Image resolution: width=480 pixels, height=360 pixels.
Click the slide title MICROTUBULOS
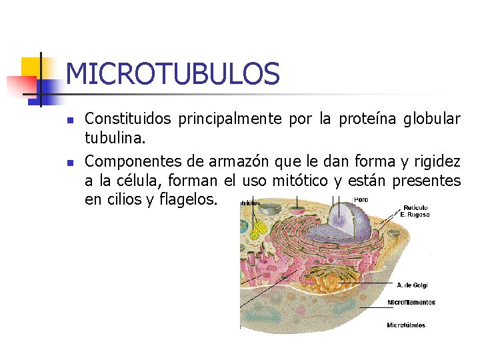(x=173, y=74)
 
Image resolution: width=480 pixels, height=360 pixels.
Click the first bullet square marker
(x=69, y=121)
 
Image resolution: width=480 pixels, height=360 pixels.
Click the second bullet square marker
(x=69, y=163)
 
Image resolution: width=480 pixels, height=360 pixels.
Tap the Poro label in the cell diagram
(x=361, y=199)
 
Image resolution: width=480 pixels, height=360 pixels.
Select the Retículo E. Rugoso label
(x=415, y=211)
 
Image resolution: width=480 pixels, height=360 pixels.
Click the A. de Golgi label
(x=412, y=285)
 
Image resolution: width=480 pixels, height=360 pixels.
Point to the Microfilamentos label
(x=411, y=302)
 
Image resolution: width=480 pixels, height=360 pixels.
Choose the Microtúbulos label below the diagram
(x=406, y=325)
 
